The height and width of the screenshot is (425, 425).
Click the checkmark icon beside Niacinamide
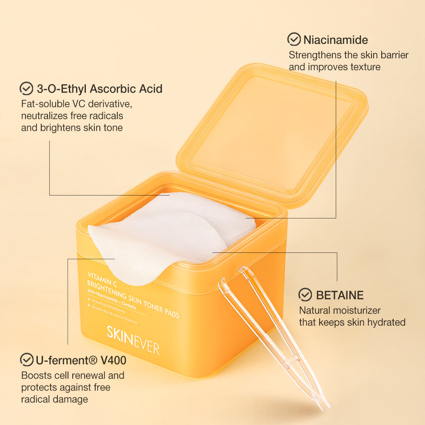tap(294, 40)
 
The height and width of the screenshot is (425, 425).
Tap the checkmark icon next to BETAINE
tap(305, 295)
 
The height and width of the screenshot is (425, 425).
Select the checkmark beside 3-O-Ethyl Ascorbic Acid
tap(27, 88)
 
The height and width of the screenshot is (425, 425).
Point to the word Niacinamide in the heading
tap(335, 40)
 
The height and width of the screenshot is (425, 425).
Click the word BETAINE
tap(340, 295)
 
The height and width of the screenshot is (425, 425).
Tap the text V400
tap(113, 360)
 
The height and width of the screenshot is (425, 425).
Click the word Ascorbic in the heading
tap(112, 89)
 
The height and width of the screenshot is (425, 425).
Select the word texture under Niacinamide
tap(363, 67)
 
